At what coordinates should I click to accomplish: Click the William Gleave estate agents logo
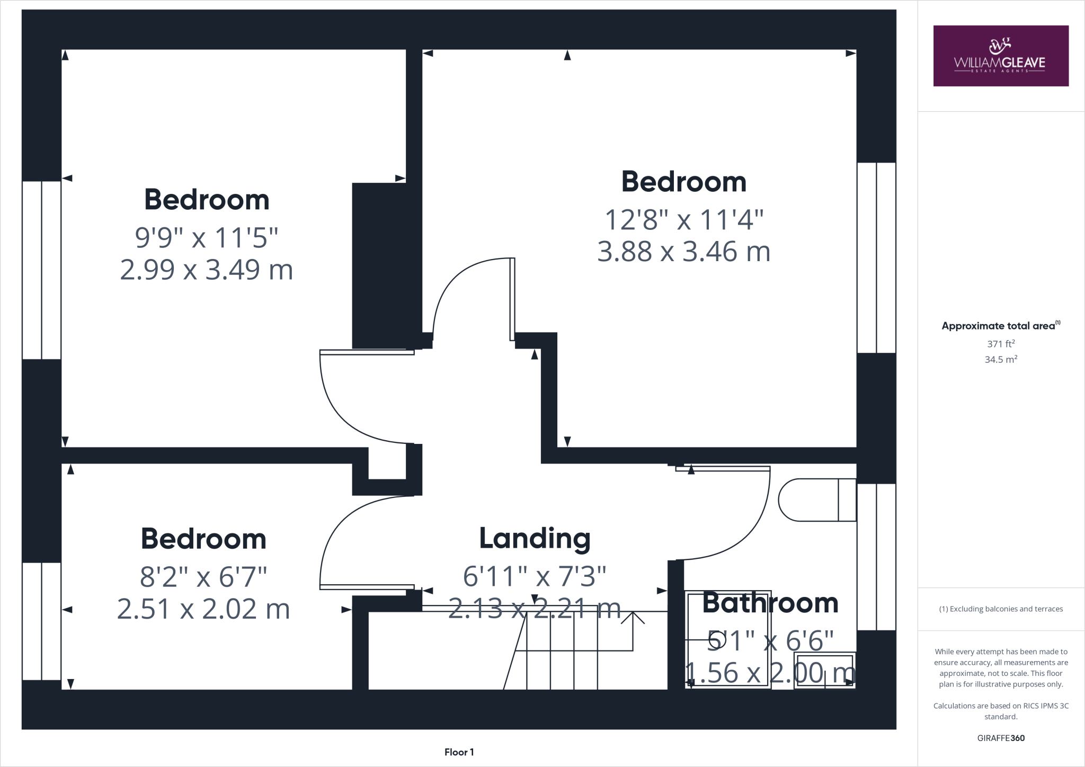pos(1000,56)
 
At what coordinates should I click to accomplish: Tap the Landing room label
pos(535,538)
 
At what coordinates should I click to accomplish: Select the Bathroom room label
pos(770,603)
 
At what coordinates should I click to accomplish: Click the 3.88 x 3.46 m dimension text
pos(683,252)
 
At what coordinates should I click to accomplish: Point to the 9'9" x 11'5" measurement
pos(207,237)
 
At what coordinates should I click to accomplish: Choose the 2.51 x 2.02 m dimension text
pos(203,609)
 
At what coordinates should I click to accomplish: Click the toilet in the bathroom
pos(816,500)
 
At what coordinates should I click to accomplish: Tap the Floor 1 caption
pos(459,752)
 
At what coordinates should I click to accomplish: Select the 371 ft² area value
pos(1000,344)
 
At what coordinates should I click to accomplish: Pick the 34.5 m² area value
pos(1000,360)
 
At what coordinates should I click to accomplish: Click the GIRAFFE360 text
pos(1000,738)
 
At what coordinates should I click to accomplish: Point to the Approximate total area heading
pos(1000,326)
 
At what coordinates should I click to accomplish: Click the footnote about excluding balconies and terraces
pos(1000,609)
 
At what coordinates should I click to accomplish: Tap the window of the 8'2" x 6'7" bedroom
pos(41,621)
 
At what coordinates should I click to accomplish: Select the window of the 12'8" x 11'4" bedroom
pos(876,257)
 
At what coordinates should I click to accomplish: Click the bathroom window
pos(876,557)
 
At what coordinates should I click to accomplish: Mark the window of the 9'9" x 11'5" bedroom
pos(41,270)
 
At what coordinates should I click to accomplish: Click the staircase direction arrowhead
pos(633,617)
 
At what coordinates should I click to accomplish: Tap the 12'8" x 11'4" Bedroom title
pos(683,182)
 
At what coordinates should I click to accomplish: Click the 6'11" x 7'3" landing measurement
pos(535,576)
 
